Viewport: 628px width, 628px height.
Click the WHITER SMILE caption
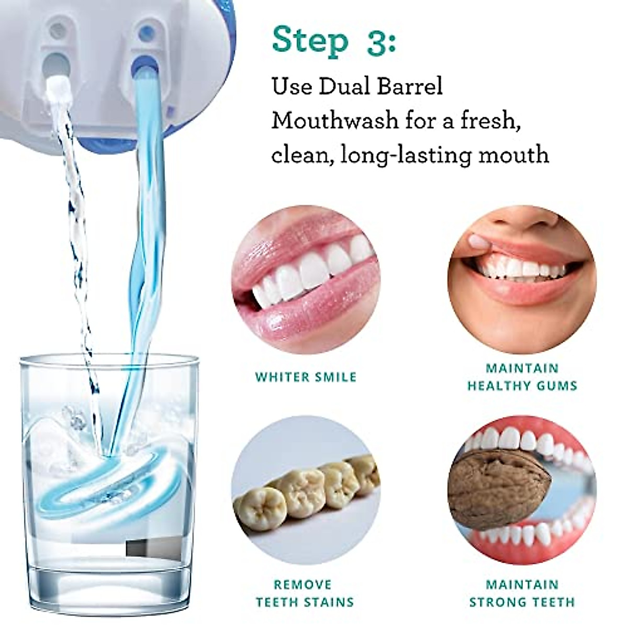[x=306, y=377]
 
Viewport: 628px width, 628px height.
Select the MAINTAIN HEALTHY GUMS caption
[x=522, y=377]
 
